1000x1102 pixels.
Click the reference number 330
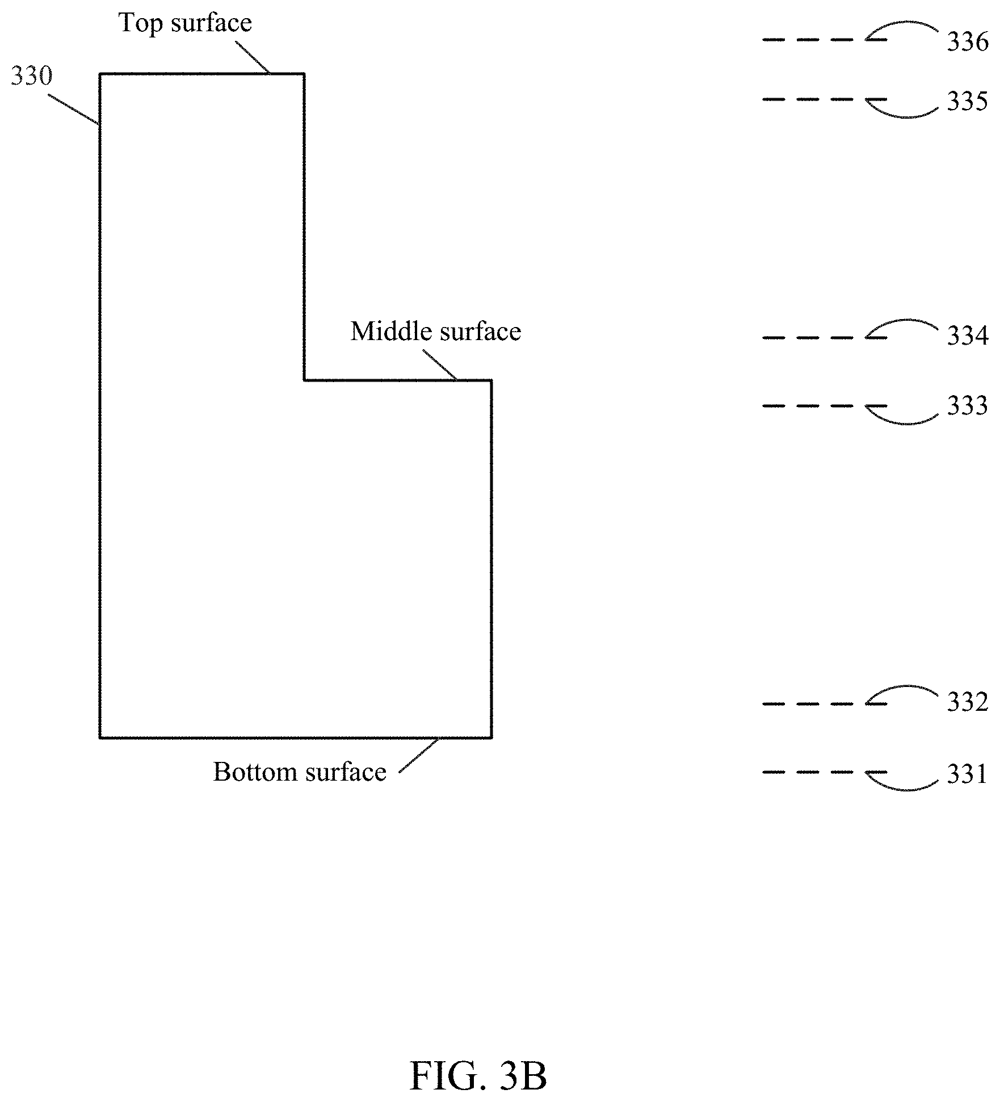pos(32,76)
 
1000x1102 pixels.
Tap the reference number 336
pos(967,42)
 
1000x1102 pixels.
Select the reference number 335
pos(967,102)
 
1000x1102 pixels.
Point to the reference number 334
pos(967,336)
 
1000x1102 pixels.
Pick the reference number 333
pos(967,406)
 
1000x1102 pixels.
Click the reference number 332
pos(967,702)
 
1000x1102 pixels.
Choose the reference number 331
pos(967,774)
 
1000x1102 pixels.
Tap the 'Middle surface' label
pos(435,332)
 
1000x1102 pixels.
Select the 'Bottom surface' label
pos(299,772)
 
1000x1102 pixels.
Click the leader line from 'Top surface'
pos(252,57)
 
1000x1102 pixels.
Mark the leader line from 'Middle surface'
pos(440,364)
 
